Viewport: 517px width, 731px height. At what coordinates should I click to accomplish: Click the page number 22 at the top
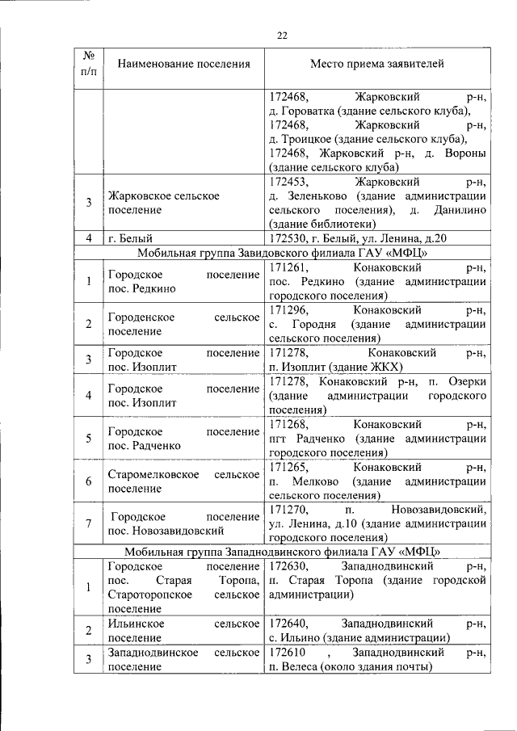282,35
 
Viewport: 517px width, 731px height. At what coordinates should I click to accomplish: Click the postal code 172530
287,237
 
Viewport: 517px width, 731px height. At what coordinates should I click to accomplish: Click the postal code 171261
287,266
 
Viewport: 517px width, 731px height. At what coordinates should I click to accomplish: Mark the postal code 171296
287,310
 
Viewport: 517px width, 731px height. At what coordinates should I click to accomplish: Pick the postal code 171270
287,509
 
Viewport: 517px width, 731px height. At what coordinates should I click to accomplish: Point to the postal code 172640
287,624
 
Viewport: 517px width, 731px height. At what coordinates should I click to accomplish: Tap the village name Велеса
296,666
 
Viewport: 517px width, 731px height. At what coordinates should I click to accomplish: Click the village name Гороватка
307,111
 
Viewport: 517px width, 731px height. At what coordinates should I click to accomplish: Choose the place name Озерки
467,382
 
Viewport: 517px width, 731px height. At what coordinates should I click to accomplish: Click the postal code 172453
287,182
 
